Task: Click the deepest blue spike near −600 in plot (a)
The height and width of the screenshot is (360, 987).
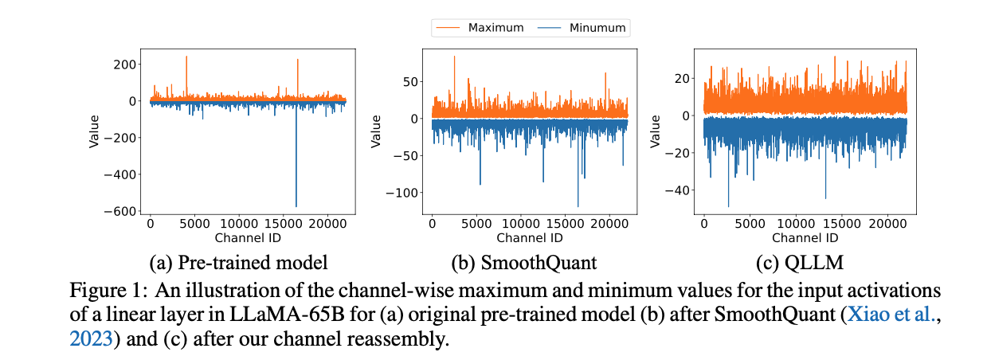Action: coord(296,206)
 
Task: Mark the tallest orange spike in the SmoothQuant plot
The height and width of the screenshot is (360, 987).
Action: coord(455,57)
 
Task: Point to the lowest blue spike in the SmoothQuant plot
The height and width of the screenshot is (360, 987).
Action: coord(578,206)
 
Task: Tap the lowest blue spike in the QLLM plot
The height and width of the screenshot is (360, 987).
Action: coord(728,206)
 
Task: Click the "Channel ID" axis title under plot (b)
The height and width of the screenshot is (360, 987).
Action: coord(529,237)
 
